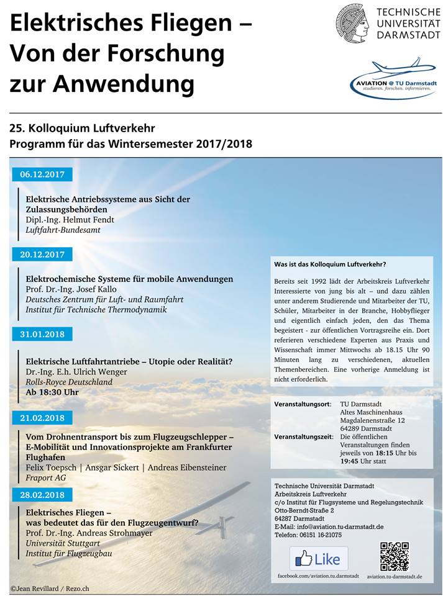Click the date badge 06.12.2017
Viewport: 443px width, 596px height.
(42, 174)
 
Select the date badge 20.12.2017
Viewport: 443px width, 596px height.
(42, 254)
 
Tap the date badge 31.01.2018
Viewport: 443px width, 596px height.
(42, 334)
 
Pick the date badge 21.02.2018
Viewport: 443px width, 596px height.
(42, 418)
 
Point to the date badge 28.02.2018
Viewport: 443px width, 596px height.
(42, 495)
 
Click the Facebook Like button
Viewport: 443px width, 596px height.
(319, 559)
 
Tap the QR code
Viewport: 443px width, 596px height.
(395, 557)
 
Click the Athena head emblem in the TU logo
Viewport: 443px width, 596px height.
(353, 23)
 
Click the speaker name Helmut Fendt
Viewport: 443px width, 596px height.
(70, 219)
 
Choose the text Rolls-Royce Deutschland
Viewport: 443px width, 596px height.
(69, 382)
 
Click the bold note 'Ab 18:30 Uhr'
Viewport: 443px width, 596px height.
(52, 392)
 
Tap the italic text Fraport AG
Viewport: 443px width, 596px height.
(45, 477)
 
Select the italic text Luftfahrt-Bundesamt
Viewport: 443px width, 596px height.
(63, 230)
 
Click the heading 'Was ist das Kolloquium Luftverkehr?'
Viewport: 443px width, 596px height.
(330, 264)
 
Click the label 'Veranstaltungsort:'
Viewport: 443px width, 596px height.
(302, 404)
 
